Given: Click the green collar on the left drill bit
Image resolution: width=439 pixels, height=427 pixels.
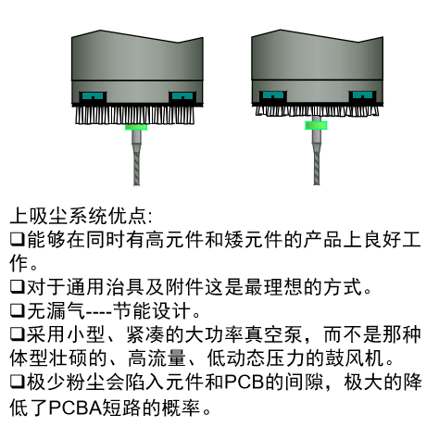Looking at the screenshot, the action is (x=136, y=127).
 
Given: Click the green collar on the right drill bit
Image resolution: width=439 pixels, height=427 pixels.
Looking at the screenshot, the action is (x=316, y=125).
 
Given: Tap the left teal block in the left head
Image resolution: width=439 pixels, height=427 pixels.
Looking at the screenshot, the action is (x=93, y=96).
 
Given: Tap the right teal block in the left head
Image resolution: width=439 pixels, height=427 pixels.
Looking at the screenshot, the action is (x=182, y=96).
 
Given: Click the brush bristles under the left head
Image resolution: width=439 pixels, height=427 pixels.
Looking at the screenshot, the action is (x=135, y=115).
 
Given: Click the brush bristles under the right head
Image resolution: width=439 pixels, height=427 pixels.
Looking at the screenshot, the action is (x=317, y=110).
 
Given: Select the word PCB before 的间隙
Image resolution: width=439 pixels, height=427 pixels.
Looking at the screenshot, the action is (x=244, y=383).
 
